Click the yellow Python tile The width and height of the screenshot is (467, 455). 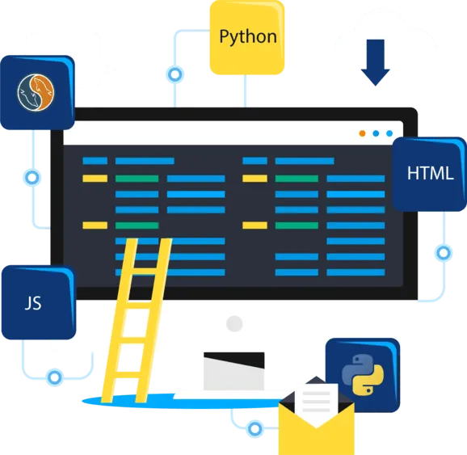pos(247,37)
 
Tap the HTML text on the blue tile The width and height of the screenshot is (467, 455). pos(431,173)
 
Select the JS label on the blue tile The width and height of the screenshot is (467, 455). pos(33,303)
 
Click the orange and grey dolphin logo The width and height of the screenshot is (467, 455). pos(36,92)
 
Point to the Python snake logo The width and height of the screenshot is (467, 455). pos(363,375)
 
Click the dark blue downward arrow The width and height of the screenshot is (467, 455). pos(375,62)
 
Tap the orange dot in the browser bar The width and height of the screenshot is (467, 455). pos(362,133)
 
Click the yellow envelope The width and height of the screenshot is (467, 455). pos(316,423)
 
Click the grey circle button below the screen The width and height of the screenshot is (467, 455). pos(234,323)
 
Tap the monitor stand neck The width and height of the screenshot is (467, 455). pos(234,371)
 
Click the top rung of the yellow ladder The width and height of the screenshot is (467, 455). pos(147,271)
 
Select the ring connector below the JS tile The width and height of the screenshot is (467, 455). pos(55,377)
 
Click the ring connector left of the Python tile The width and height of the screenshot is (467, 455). pos(175,74)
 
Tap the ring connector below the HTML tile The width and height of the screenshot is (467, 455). pos(444,253)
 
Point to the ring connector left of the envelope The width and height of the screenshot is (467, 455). pos(255,429)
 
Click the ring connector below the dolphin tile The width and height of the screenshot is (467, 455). pos(32,178)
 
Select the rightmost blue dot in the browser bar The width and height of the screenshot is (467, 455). pos(389,133)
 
